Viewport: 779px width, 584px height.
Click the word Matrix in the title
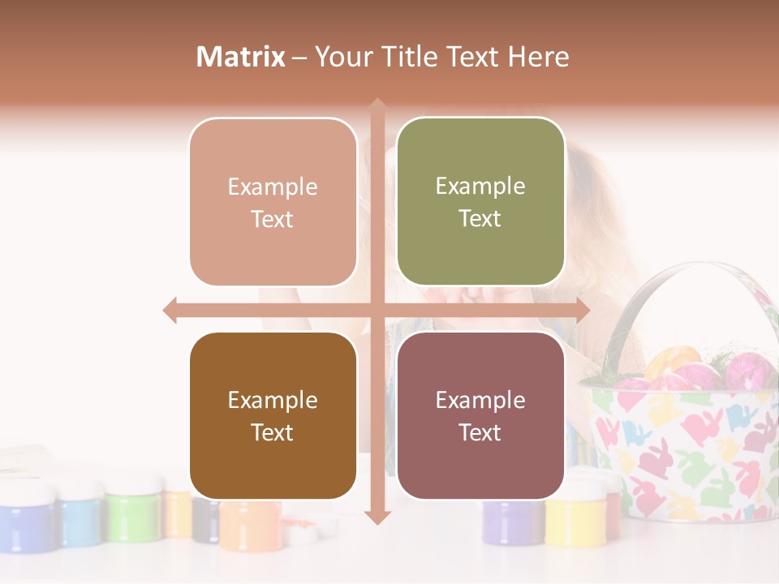pyautogui.click(x=241, y=57)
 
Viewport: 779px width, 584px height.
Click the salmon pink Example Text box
pyautogui.click(x=273, y=202)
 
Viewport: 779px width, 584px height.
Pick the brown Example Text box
pyautogui.click(x=273, y=415)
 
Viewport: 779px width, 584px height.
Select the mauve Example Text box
pyautogui.click(x=480, y=415)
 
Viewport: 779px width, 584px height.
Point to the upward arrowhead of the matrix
pyautogui.click(x=377, y=106)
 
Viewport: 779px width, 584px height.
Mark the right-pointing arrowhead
pyautogui.click(x=582, y=310)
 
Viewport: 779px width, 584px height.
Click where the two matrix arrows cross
pyautogui.click(x=377, y=310)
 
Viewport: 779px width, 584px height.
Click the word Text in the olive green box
pyautogui.click(x=480, y=218)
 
